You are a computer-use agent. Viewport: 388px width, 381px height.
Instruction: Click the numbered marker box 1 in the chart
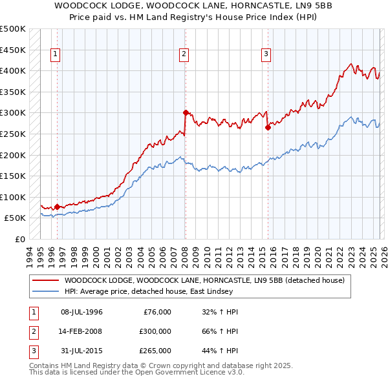coord(56,55)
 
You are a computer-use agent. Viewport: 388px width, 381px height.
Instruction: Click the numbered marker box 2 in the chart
coord(184,55)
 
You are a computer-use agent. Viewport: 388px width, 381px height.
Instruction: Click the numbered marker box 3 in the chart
coord(266,55)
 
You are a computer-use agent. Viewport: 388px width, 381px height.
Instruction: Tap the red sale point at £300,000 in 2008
coord(186,112)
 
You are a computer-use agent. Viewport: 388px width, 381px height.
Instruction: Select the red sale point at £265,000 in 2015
coord(268,127)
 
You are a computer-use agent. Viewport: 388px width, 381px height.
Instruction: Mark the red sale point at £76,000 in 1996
coord(57,207)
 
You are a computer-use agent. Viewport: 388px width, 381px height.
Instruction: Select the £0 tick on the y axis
coord(19,239)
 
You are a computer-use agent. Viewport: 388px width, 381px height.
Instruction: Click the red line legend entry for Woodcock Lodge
coord(207,280)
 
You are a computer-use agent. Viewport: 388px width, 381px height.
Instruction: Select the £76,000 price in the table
coord(156,312)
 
